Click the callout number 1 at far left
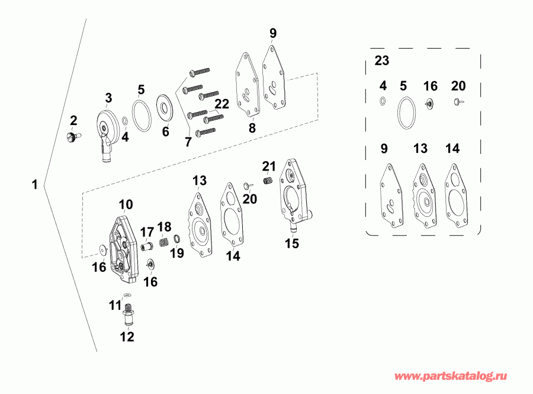pos(34,185)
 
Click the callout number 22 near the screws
pos(221,104)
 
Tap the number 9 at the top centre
pos(272,33)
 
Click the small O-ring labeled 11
pos(126,296)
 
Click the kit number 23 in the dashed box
pos(382,60)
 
